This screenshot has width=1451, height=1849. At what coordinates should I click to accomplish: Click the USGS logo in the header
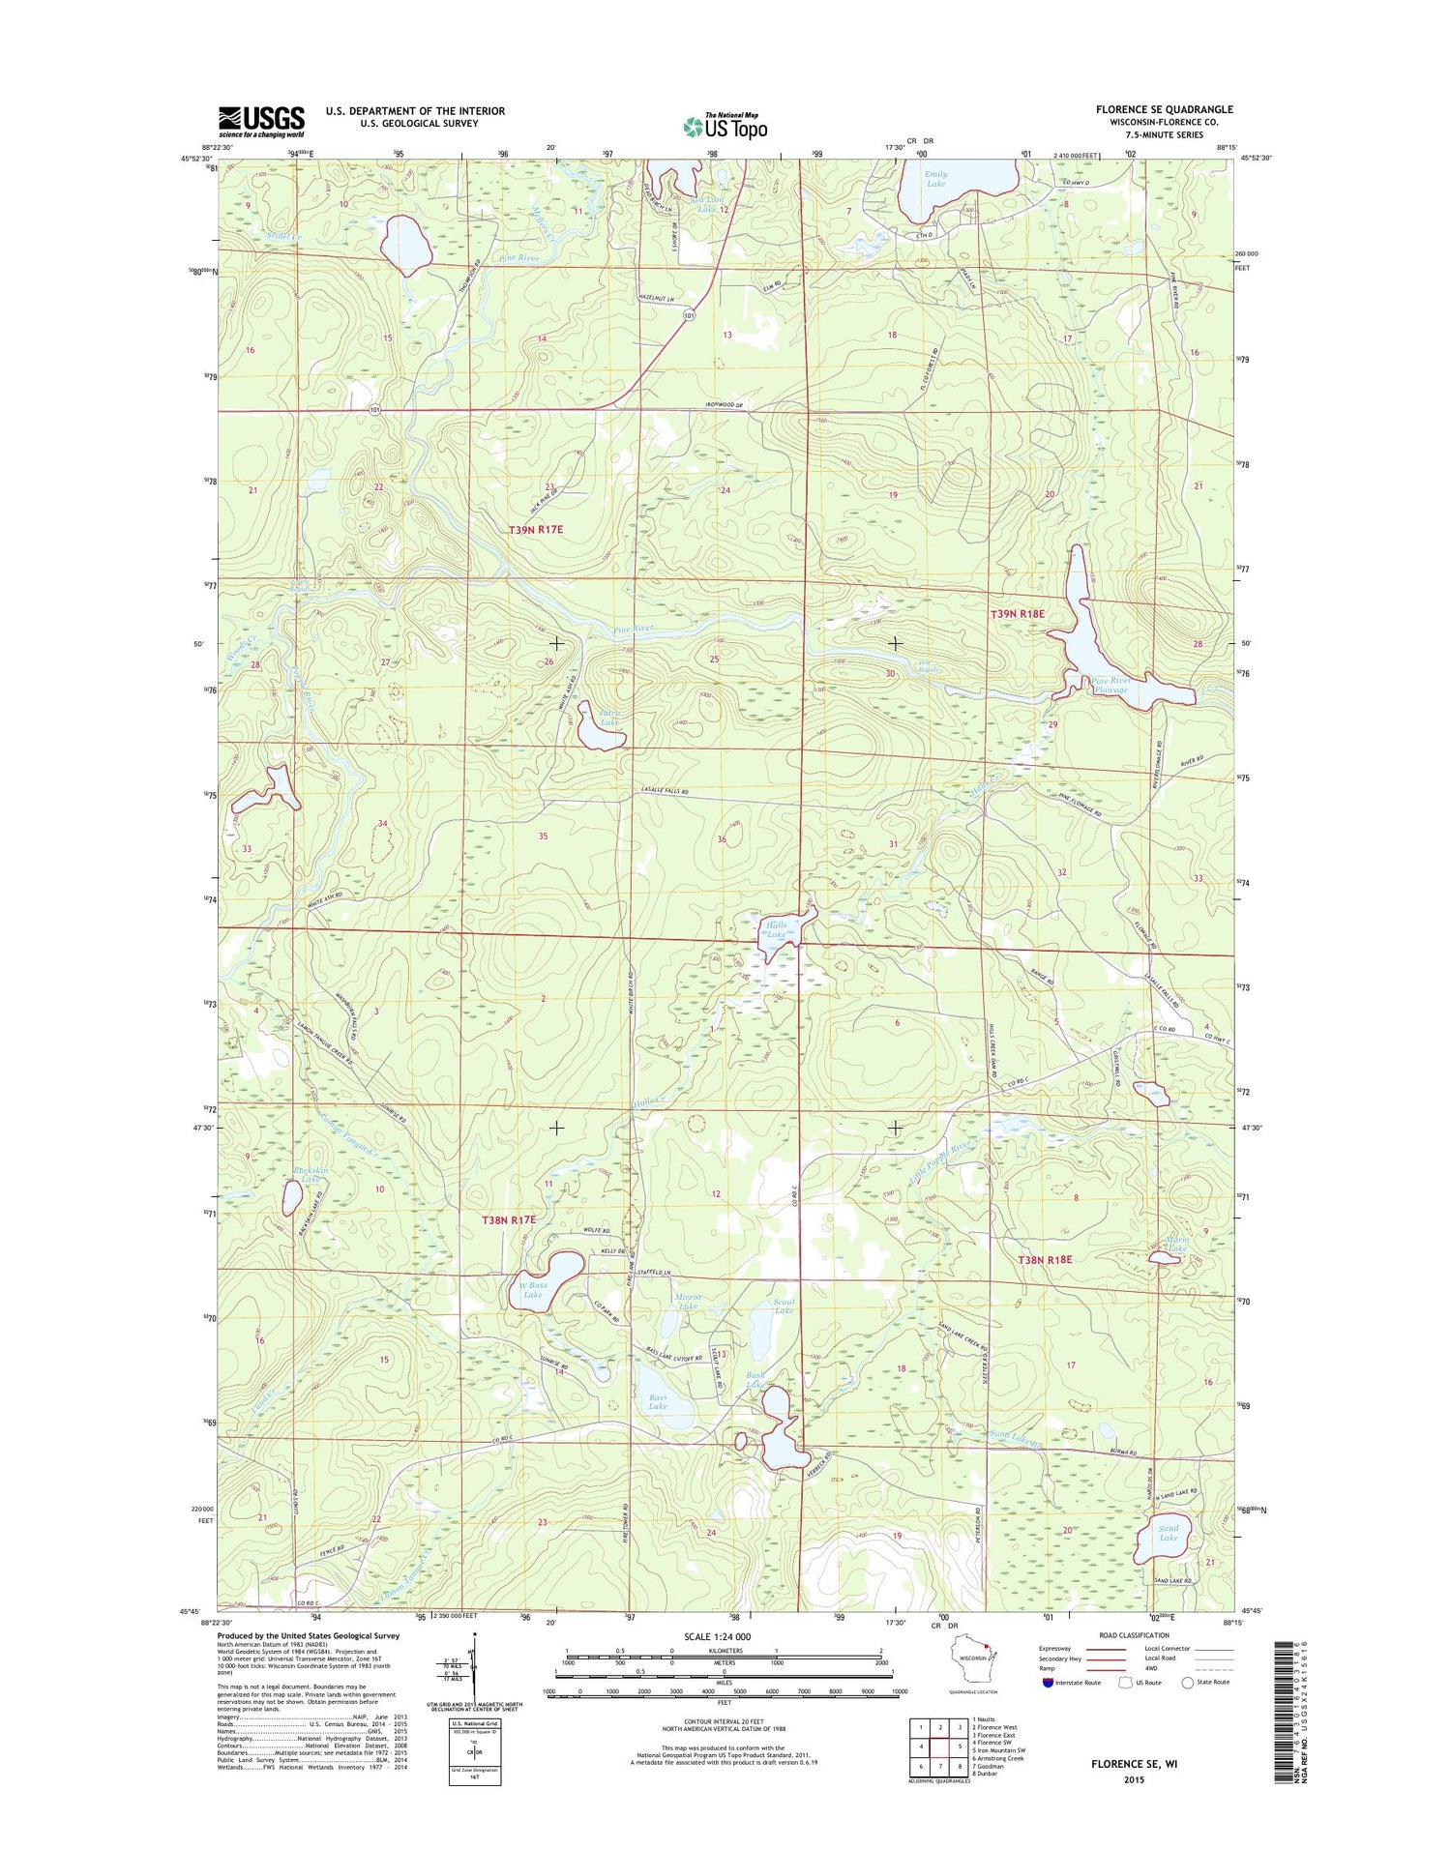coord(261,121)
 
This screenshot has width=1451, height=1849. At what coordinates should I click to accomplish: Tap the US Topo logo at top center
coord(725,126)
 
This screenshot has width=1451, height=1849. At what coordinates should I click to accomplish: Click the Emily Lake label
coord(935,179)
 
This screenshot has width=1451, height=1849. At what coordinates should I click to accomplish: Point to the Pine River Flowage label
coord(1110,685)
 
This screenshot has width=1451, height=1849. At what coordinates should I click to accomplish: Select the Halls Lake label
coord(777,929)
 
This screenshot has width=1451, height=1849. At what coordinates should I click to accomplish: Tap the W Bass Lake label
coord(532,1289)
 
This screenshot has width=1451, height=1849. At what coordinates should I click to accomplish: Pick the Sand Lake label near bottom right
coord(1169,1533)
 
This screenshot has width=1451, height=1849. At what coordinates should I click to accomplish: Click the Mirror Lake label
coord(688,1301)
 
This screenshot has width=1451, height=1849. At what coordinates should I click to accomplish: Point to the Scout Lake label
coord(784,1306)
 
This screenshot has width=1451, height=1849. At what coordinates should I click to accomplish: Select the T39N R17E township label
coord(535,530)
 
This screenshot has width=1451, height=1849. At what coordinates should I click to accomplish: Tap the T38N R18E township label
coord(1045,1259)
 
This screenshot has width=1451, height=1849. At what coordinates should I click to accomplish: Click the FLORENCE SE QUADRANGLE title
coord(1164,109)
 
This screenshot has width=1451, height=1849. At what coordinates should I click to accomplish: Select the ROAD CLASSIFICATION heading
coord(1134,1635)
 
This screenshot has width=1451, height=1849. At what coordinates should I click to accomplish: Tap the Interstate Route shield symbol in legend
coord(1049,1682)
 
